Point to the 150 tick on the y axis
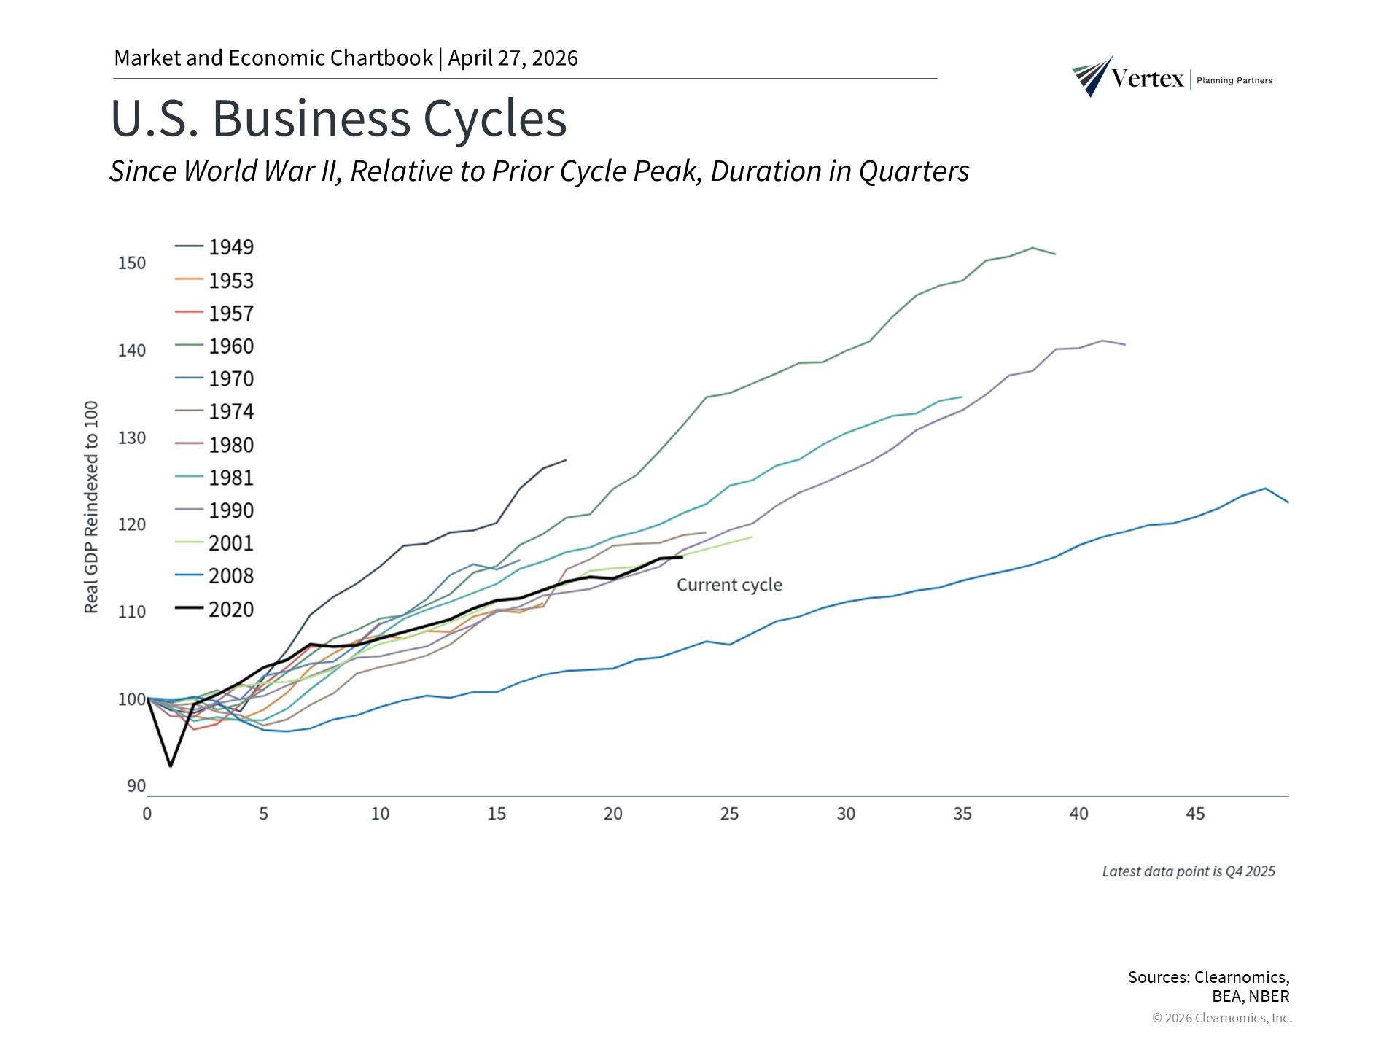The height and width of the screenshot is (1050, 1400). [132, 263]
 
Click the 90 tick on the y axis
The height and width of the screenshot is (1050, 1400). [136, 786]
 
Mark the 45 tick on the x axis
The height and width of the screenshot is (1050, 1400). [1195, 814]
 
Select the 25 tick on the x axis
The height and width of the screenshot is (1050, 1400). [729, 814]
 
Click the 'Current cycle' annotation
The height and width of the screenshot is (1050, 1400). [729, 585]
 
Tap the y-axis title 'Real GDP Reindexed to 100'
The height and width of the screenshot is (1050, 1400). [91, 507]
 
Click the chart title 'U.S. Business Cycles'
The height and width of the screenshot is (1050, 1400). [338, 118]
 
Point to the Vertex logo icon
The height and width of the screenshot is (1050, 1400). [1092, 76]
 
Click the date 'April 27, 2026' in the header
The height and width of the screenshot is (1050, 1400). [513, 58]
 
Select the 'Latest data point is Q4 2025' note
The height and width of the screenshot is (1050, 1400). [1188, 871]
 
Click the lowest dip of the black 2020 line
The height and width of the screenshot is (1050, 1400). [171, 766]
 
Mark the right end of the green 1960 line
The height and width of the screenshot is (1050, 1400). [1055, 254]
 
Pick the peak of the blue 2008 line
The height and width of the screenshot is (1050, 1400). [1265, 489]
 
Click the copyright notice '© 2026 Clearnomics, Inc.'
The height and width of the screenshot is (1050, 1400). [1221, 1018]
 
